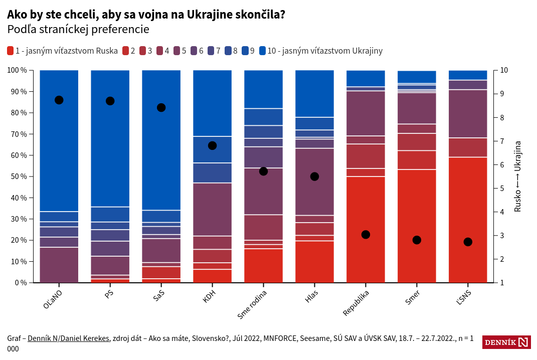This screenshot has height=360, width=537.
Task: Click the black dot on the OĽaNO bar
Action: [x=59, y=100]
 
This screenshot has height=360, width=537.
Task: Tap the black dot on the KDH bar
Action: [x=212, y=145]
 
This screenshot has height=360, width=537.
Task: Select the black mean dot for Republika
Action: [x=366, y=235]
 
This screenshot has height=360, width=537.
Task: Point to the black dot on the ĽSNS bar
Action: [x=468, y=242]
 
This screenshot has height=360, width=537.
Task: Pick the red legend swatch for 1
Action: [x=11, y=51]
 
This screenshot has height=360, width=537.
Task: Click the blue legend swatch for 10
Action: [x=262, y=51]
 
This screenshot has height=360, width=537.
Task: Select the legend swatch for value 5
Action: [x=177, y=51]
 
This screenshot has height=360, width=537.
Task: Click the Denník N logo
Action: [x=506, y=342]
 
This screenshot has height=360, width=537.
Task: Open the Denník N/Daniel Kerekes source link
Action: [x=68, y=338]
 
